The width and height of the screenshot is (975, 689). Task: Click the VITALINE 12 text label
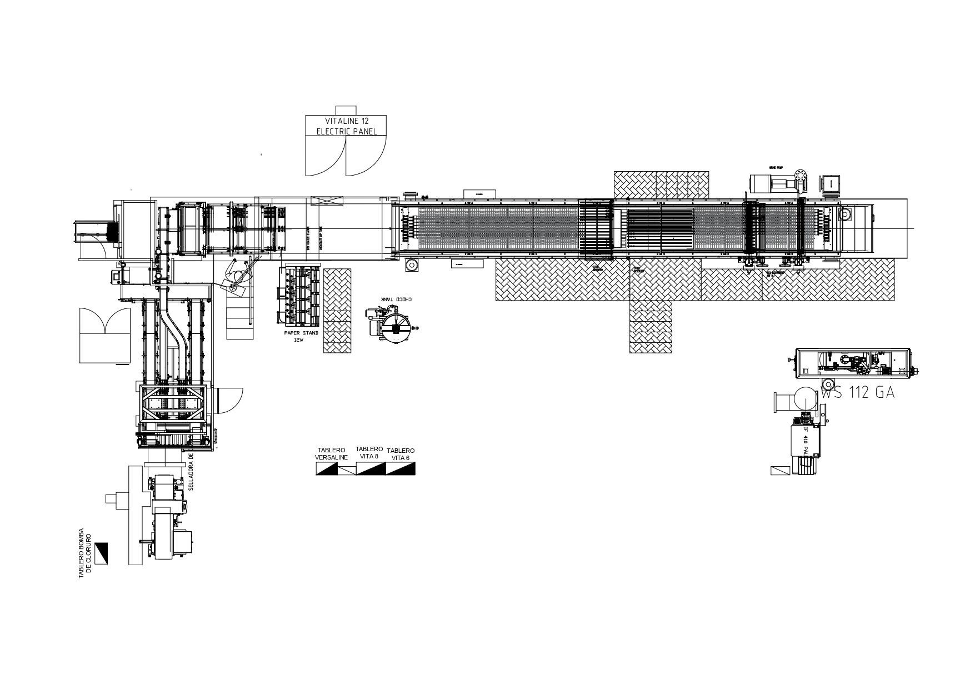(x=347, y=121)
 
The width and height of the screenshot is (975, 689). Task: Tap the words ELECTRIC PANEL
(x=347, y=132)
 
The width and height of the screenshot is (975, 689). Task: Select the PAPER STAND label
(x=301, y=333)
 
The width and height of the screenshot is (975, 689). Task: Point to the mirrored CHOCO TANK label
(x=396, y=299)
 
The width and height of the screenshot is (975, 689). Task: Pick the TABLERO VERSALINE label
(x=331, y=454)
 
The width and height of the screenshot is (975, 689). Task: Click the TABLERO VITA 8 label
(x=369, y=452)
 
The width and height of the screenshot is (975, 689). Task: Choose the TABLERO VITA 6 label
(x=401, y=454)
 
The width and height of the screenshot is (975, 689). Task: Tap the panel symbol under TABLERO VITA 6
(x=401, y=469)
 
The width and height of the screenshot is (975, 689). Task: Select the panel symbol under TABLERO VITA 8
(x=371, y=469)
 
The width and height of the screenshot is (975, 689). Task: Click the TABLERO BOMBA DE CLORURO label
(x=84, y=553)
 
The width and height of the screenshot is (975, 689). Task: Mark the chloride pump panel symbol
(x=101, y=553)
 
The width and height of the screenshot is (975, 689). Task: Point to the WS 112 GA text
(x=858, y=393)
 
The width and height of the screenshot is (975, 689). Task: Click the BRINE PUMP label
(x=776, y=167)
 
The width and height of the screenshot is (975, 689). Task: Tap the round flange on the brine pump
(x=801, y=174)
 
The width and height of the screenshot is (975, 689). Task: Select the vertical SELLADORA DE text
(x=191, y=472)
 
